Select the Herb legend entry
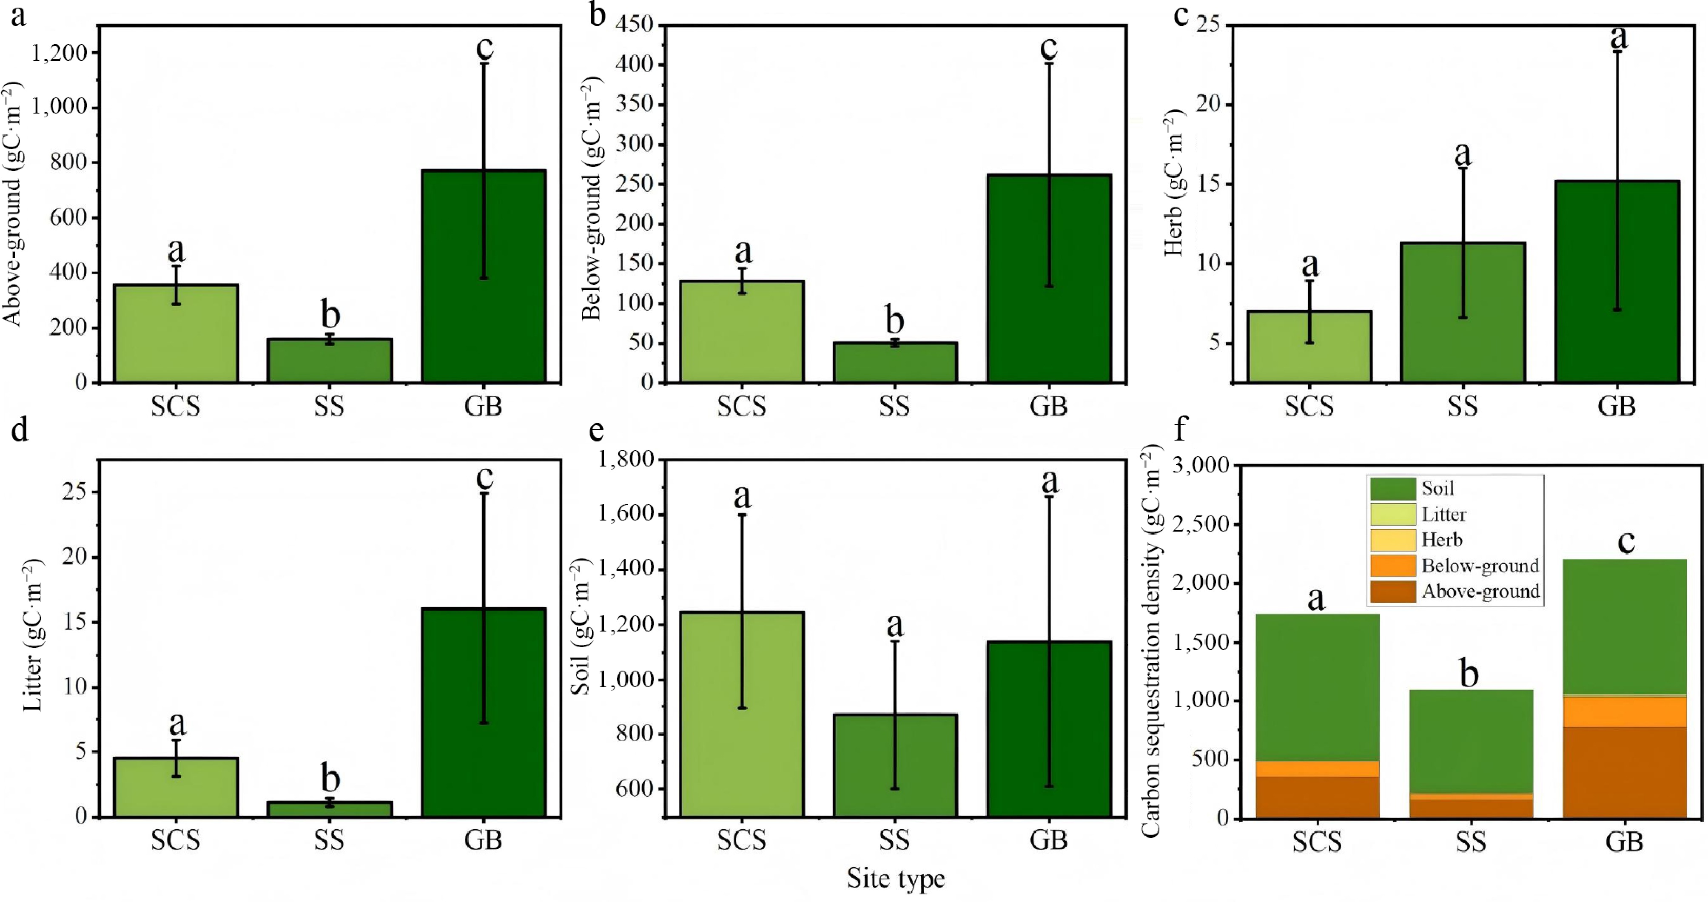pyautogui.click(x=1441, y=540)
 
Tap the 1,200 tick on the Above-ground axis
pyautogui.click(x=59, y=52)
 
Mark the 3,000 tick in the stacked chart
pyautogui.click(x=1200, y=466)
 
